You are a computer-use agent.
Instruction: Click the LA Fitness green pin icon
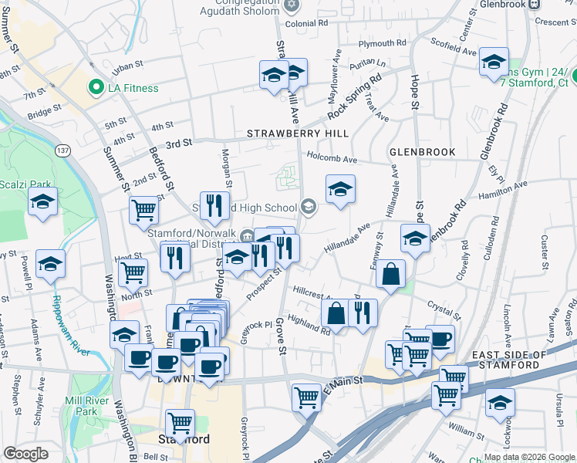point(96,87)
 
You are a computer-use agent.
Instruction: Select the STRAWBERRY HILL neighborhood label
point(298,133)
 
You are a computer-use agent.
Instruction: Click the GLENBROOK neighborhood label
point(422,152)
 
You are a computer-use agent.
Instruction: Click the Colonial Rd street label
point(312,24)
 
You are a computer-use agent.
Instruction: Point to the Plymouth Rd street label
point(382,43)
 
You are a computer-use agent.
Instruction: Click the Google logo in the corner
point(25,454)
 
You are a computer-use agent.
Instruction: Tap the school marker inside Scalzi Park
point(43,203)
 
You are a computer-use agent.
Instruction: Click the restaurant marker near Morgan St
point(214,204)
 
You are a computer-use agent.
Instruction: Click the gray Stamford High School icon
point(308,205)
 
